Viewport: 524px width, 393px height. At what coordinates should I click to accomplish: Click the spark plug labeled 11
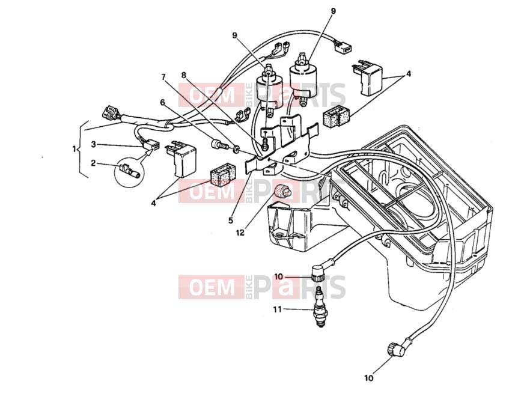(320, 306)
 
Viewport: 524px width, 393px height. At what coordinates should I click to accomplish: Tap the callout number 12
(240, 233)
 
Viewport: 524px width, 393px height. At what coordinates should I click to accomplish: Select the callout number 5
(231, 221)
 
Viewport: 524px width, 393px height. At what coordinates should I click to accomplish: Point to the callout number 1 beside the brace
(74, 149)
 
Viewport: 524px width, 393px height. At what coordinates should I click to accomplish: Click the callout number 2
(93, 163)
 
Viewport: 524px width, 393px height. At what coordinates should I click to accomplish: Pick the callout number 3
(94, 144)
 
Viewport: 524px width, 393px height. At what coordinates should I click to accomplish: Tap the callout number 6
(162, 102)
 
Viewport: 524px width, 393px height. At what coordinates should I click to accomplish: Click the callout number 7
(163, 77)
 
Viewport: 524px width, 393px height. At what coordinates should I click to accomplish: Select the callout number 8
(183, 75)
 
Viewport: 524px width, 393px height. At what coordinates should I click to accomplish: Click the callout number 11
(278, 309)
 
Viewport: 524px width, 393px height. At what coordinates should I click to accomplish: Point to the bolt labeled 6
(219, 145)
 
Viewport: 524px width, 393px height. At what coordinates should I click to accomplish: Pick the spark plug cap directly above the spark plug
(319, 274)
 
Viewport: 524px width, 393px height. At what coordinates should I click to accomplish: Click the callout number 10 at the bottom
(368, 378)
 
